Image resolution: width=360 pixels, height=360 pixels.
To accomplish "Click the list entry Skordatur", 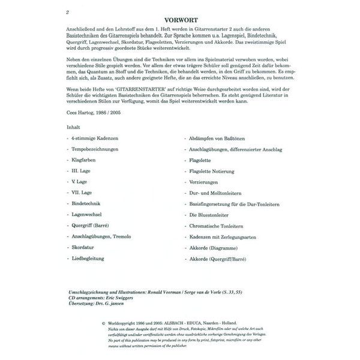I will pyautogui.click(x=83, y=247).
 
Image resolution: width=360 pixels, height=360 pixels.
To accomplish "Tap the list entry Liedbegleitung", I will pyautogui.click(x=88, y=258).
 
